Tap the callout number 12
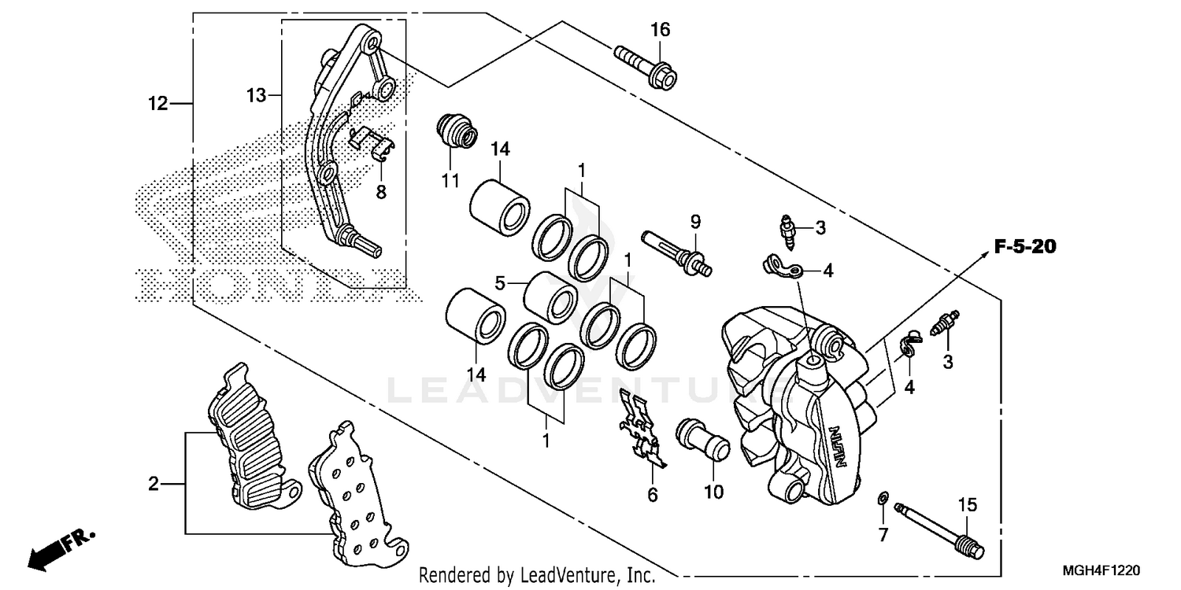tap(158, 103)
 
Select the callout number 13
tap(256, 95)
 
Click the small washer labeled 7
tap(883, 498)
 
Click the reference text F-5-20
tap(1024, 247)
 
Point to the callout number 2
tap(154, 483)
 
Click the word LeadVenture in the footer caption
tap(564, 576)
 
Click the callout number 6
tap(652, 495)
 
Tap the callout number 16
tap(660, 30)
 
